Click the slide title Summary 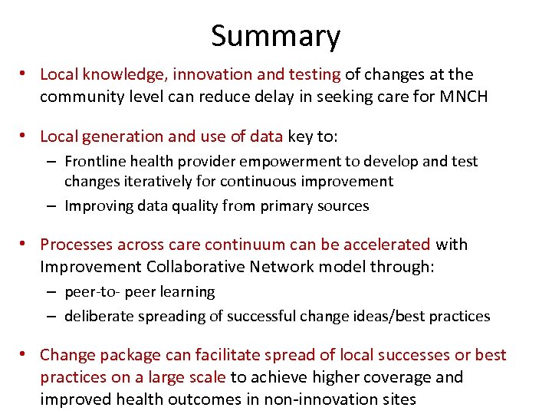(275, 36)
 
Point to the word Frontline (96, 162)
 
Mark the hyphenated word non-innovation (326, 399)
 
